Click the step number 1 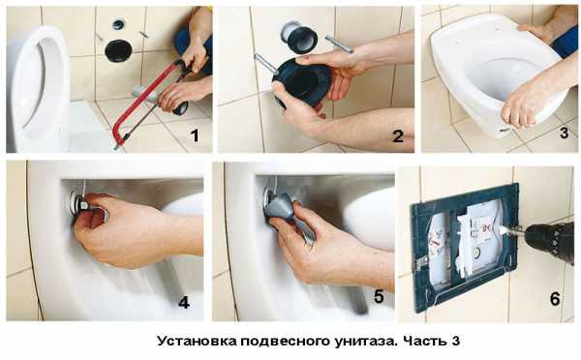[x=195, y=135]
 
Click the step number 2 [x=398, y=136]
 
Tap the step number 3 [x=564, y=133]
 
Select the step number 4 [x=184, y=303]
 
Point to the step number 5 [x=379, y=297]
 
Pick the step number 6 [x=555, y=299]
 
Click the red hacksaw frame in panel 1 [x=148, y=101]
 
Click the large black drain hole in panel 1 [x=118, y=50]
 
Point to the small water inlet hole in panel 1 [x=119, y=24]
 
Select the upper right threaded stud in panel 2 [x=338, y=45]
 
